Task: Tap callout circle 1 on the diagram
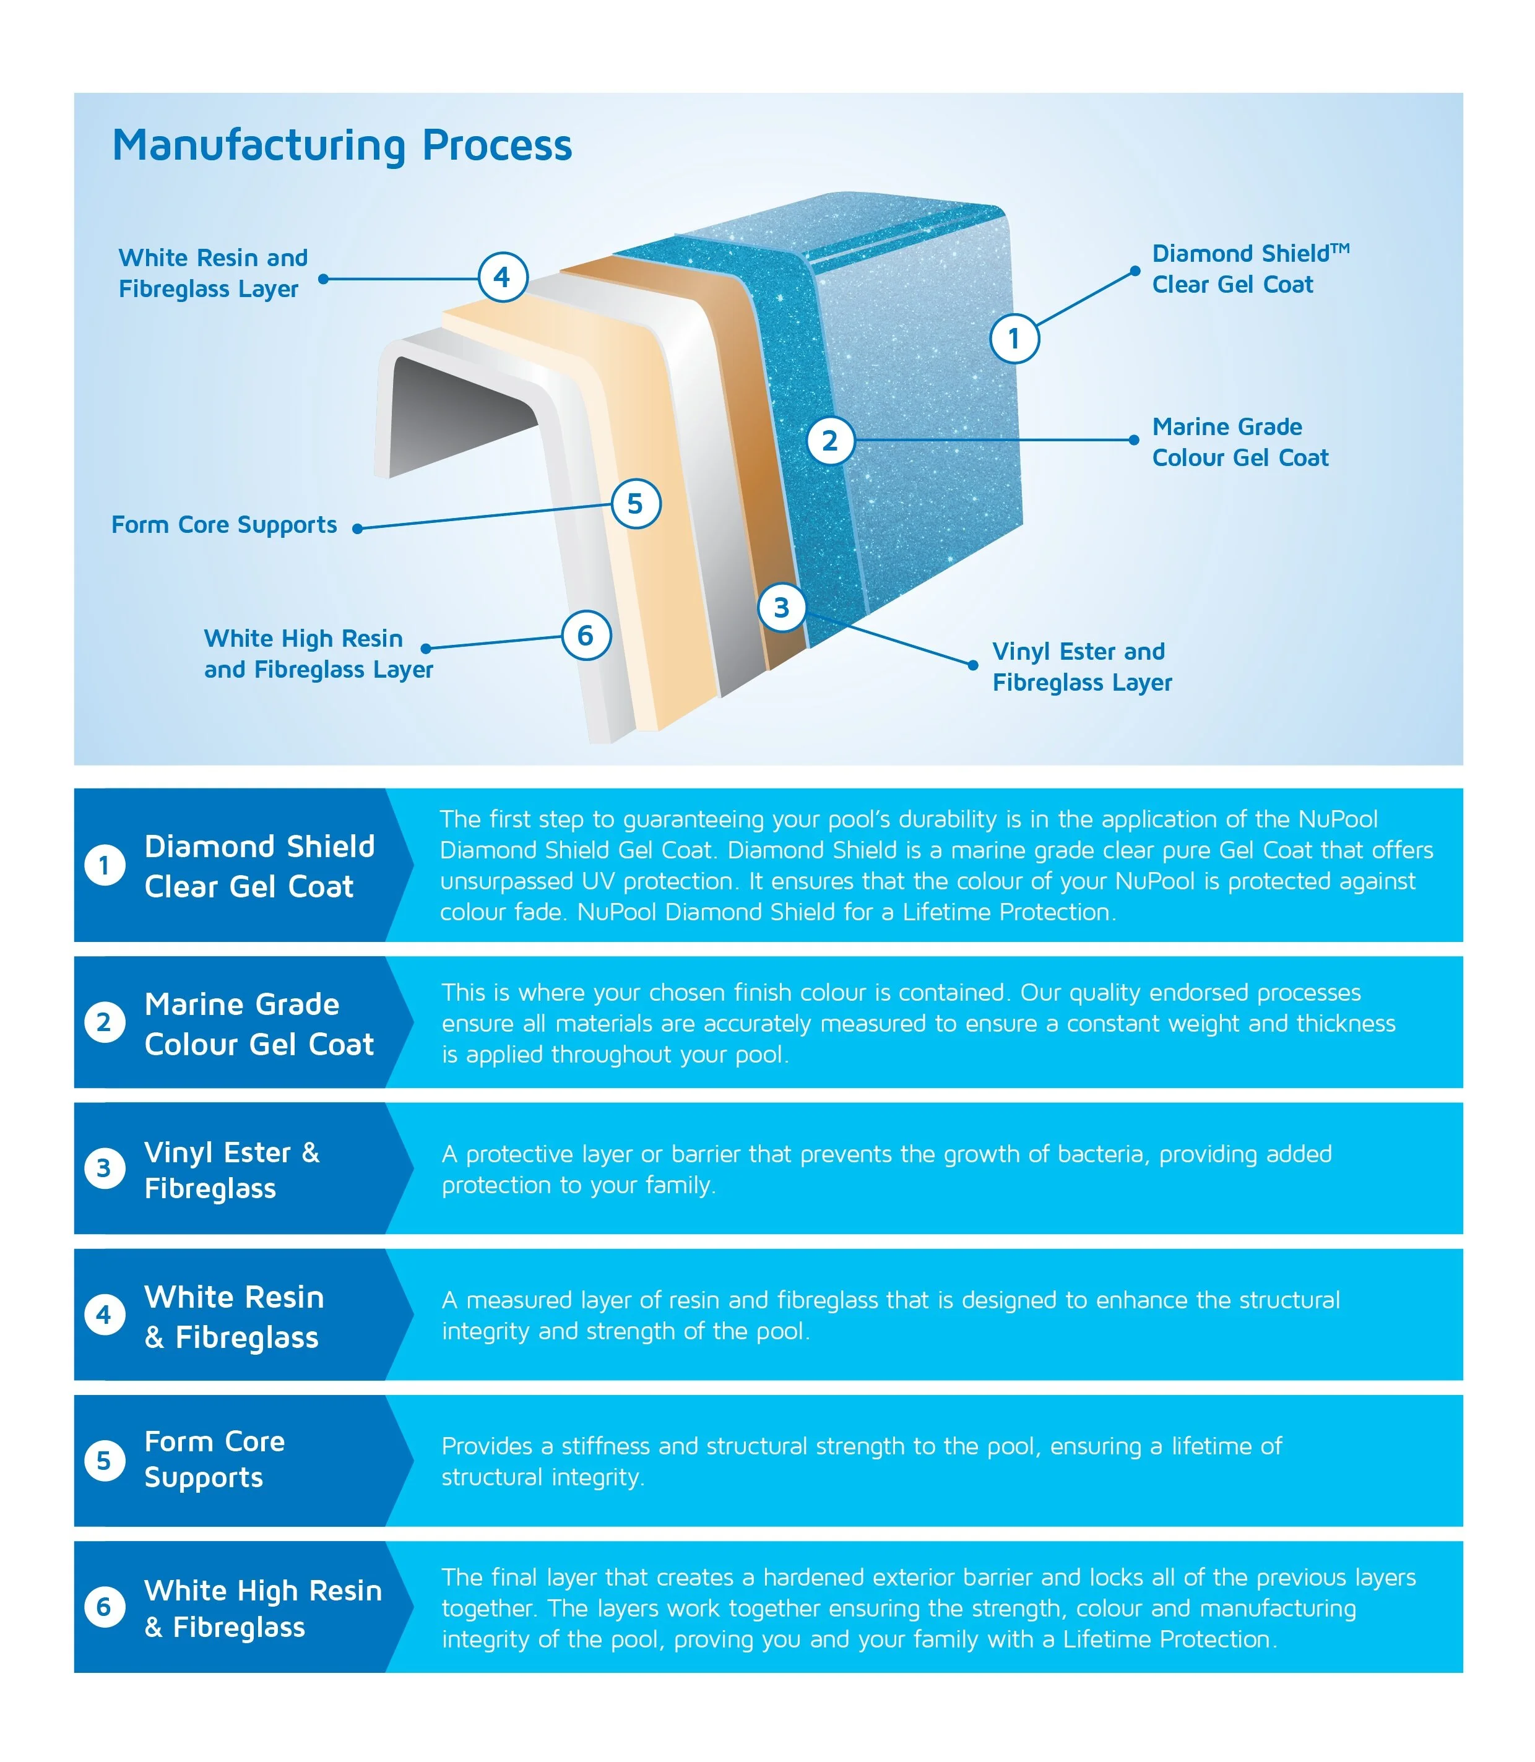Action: (1014, 339)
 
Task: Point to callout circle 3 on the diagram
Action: (781, 607)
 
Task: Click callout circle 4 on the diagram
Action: (502, 277)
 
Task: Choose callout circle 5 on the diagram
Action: (636, 504)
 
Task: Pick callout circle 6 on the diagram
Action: (586, 636)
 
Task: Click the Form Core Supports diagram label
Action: (225, 524)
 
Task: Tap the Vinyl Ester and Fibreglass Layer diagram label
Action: (1082, 667)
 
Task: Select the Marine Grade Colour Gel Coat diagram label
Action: (1240, 442)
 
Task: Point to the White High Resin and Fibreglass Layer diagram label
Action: (319, 654)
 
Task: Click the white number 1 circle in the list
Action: (105, 865)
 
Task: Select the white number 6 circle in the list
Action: (105, 1607)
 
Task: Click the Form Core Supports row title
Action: (214, 1459)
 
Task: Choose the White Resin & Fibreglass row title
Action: (234, 1316)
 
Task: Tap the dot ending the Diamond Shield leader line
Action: (1135, 270)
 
